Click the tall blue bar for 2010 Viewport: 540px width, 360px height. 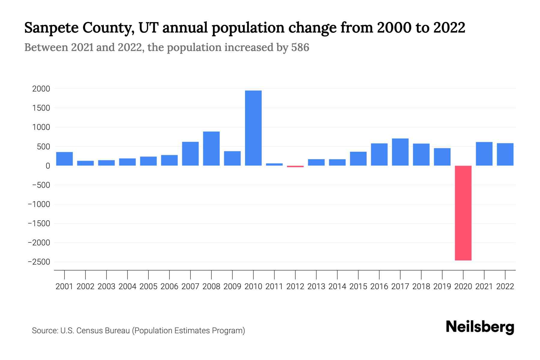coord(253,128)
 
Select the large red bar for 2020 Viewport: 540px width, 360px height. coord(463,213)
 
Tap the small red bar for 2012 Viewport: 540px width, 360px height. coord(295,166)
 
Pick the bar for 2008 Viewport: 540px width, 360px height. coord(211,148)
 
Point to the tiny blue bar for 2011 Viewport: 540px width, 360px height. coord(274,164)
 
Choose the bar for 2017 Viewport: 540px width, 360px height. coord(400,152)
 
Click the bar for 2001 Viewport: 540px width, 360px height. coord(64,159)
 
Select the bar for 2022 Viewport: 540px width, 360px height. coord(505,154)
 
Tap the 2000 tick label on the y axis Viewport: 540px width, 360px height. coord(41,89)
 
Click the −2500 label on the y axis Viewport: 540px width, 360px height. coord(39,262)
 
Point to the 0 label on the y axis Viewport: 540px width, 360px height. coord(48,166)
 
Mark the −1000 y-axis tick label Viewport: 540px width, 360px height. coord(39,204)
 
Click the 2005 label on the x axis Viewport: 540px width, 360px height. coord(148,286)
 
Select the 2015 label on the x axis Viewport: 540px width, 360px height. coord(358,286)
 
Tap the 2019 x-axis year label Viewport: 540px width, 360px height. coord(442,286)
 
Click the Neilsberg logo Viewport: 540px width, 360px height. coord(480,327)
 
